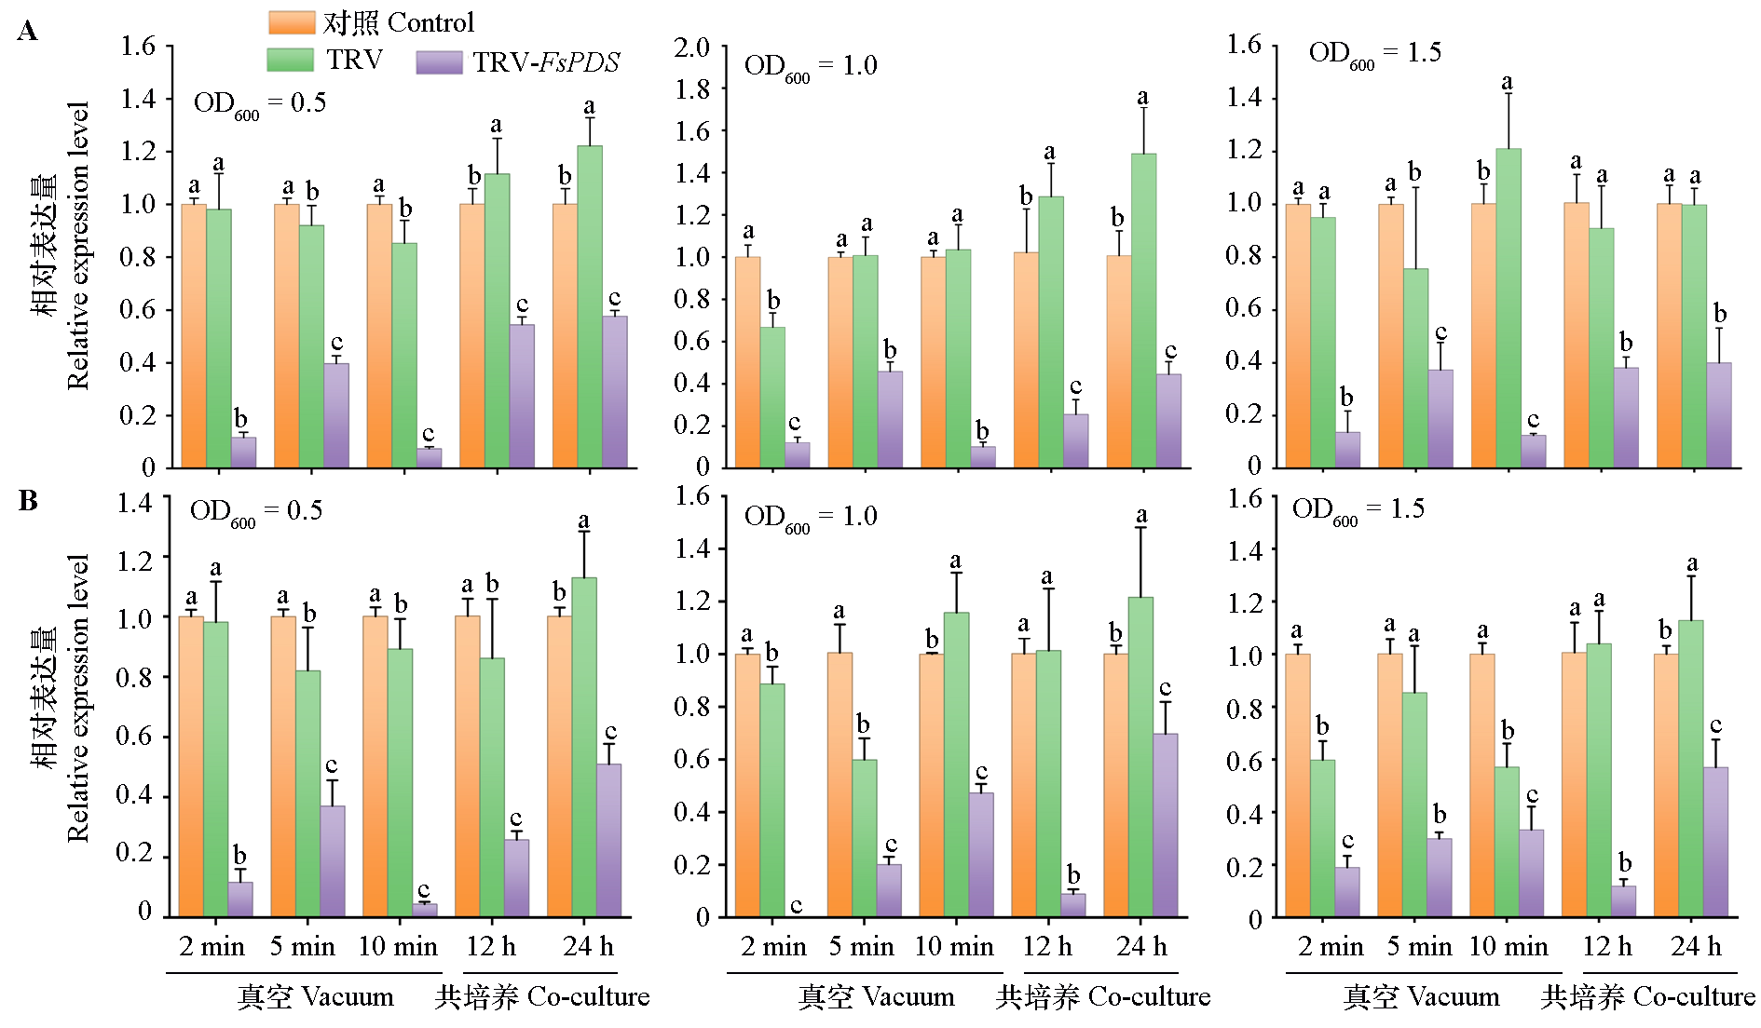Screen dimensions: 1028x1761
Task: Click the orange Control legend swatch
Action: pyautogui.click(x=292, y=22)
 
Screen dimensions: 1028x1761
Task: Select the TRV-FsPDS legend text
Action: pyautogui.click(x=545, y=62)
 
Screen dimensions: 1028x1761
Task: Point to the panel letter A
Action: pyautogui.click(x=28, y=33)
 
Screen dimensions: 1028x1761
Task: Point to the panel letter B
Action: pyautogui.click(x=28, y=501)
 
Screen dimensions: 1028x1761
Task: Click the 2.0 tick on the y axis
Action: pyautogui.click(x=691, y=47)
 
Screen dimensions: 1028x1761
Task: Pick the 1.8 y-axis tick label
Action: pyautogui.click(x=691, y=89)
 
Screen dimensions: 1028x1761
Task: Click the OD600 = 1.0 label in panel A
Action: pyautogui.click(x=810, y=67)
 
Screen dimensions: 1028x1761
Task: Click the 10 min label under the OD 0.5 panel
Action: pyautogui.click(x=398, y=947)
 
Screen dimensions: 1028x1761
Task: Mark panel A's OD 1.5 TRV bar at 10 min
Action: pyautogui.click(x=1508, y=307)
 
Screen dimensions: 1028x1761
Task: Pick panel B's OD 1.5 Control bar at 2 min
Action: pyautogui.click(x=1297, y=785)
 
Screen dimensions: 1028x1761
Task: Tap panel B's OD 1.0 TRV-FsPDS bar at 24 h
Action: pyautogui.click(x=1165, y=825)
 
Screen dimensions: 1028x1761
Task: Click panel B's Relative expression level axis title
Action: pyautogui.click(x=78, y=698)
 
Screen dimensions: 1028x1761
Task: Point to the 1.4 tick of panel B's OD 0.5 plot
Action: pyautogui.click(x=134, y=504)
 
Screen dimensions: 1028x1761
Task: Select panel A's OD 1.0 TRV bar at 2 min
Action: pyautogui.click(x=772, y=397)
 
